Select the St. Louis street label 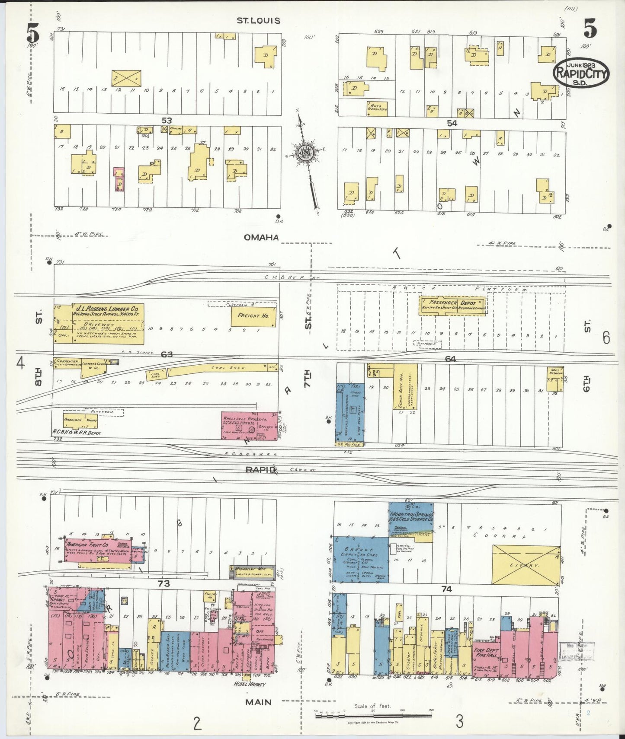tap(258, 20)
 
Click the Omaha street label tap(261, 237)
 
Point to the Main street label tap(259, 702)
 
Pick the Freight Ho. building tap(253, 315)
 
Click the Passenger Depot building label tap(450, 303)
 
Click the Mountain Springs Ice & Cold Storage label tap(411, 518)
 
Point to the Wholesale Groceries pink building tap(250, 425)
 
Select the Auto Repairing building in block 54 tap(377, 108)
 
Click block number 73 tap(163, 583)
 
